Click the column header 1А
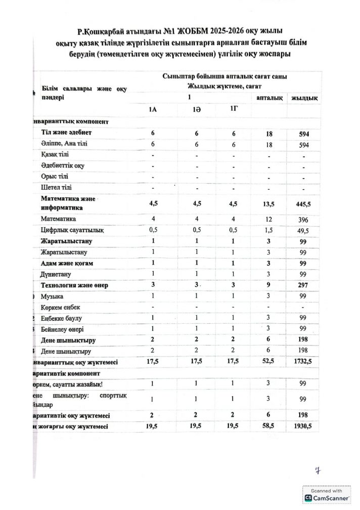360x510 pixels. tap(153, 110)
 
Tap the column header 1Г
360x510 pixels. tap(234, 109)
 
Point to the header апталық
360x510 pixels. tap(269, 97)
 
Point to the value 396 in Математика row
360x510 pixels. tap(303, 220)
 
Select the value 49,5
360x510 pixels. tap(303, 231)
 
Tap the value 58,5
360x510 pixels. tap(268, 427)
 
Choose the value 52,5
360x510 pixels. tap(268, 362)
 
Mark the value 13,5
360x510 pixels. tap(268, 203)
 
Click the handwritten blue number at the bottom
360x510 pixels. tap(318, 470)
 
